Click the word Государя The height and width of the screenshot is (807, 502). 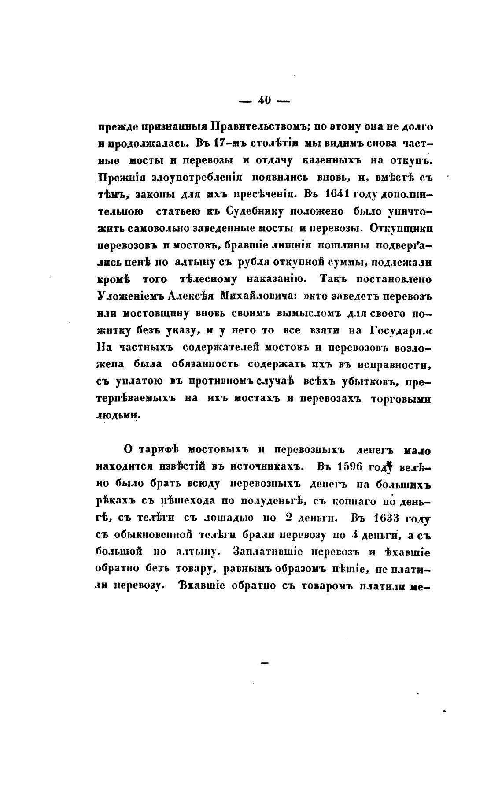pos(396,330)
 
